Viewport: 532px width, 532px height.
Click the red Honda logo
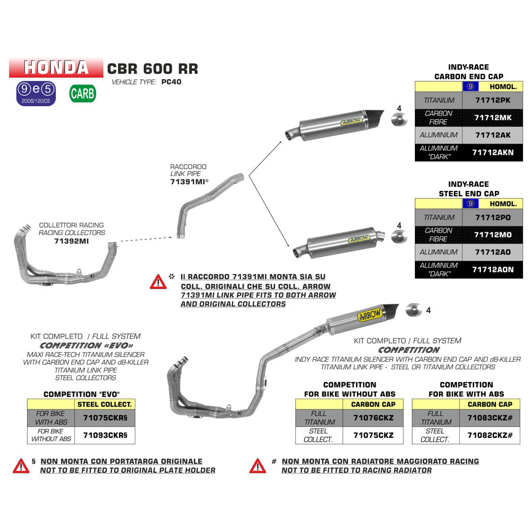coord(56,67)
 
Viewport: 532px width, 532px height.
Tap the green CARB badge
coord(82,94)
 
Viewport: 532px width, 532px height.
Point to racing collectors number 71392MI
coord(71,241)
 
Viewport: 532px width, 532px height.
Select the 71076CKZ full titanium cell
coord(373,418)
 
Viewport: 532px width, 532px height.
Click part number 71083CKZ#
coord(490,418)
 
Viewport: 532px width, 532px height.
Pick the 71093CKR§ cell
coord(106,435)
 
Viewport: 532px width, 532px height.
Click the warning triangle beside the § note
coord(21,465)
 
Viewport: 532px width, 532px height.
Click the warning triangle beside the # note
coord(257,465)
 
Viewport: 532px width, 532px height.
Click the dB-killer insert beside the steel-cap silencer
coord(398,236)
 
